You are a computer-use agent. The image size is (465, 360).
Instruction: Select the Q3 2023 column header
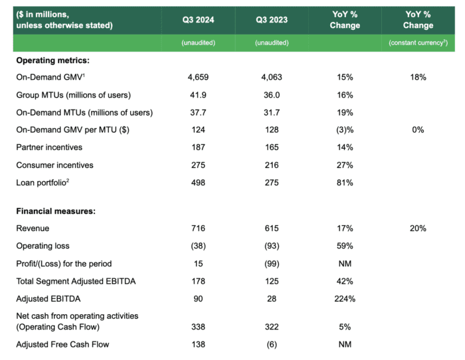pos(271,19)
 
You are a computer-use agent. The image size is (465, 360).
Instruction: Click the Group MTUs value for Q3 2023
pos(271,95)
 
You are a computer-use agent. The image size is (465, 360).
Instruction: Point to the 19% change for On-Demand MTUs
pos(345,112)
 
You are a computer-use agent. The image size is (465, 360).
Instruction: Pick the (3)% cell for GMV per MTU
pos(345,130)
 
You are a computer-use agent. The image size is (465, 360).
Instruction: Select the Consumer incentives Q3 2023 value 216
pos(271,165)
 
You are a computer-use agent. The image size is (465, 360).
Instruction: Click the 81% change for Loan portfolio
pos(345,182)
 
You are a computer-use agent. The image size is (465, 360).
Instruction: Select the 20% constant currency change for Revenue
pos(418,228)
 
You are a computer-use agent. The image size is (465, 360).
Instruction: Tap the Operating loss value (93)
pos(271,246)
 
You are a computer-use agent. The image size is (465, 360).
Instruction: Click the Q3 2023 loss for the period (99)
pos(271,263)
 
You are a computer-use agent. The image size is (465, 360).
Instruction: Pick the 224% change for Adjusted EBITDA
pos(345,298)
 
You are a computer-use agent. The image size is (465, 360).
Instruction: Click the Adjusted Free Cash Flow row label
pos(62,344)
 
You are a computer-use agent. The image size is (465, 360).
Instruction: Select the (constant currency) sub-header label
pos(418,43)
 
